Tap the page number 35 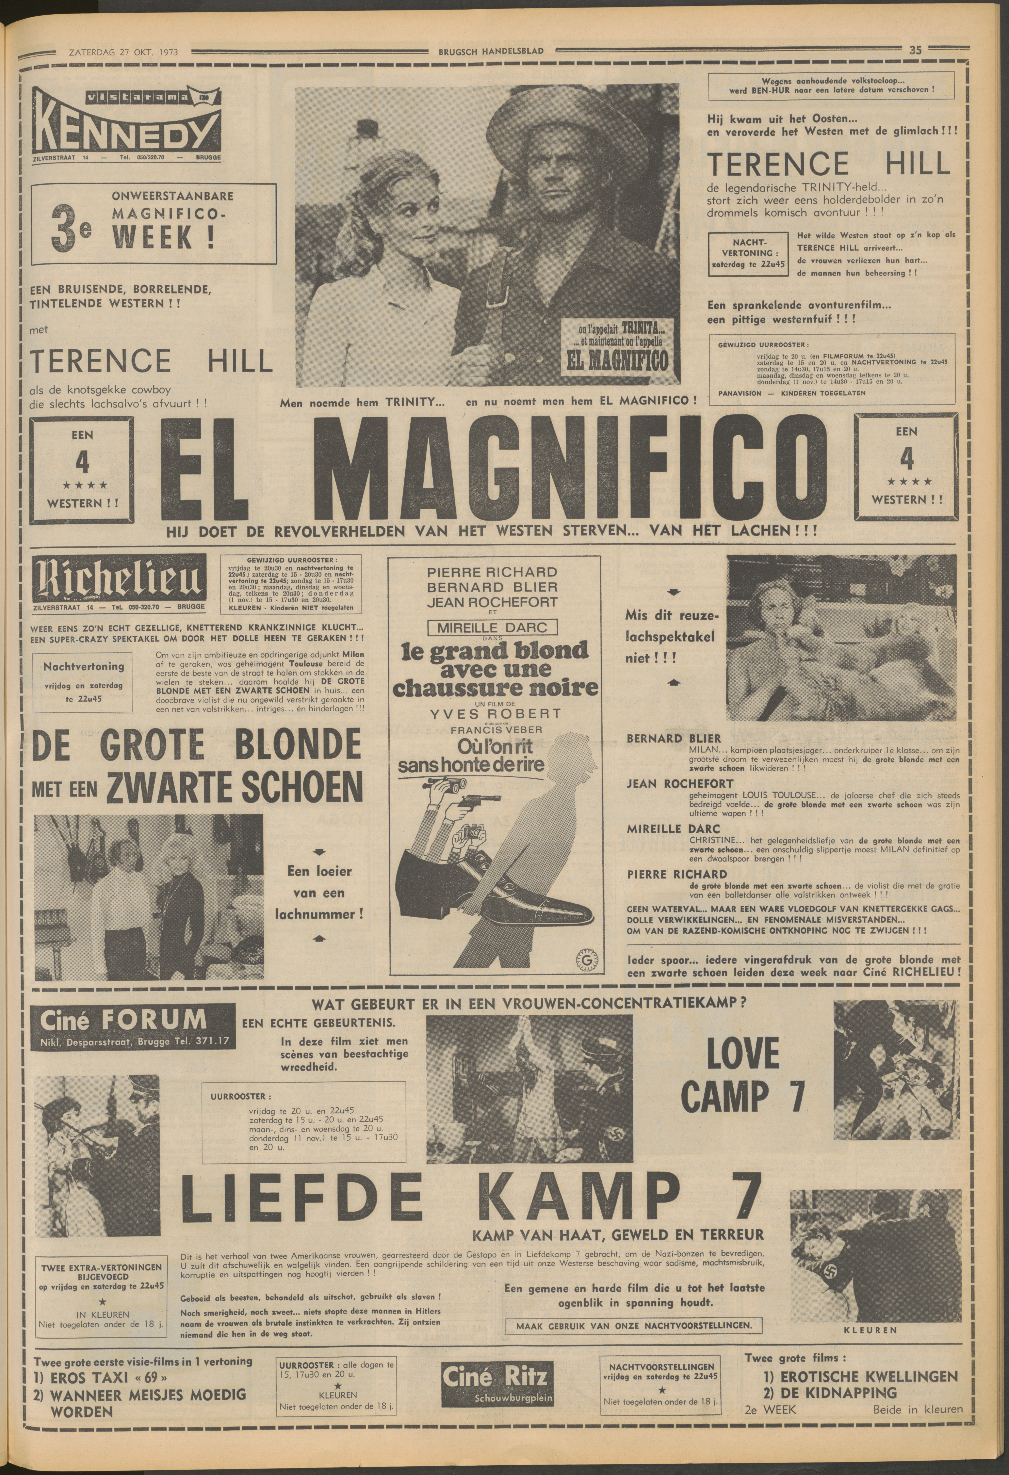(x=915, y=51)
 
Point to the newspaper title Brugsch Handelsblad (x=491, y=51)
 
